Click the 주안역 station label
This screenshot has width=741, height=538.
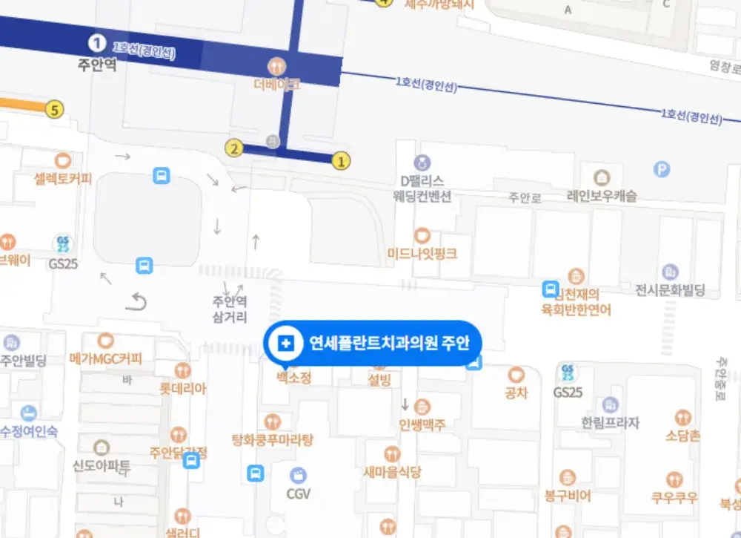(x=97, y=65)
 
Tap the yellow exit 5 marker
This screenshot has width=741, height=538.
(x=53, y=109)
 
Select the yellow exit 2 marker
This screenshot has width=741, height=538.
(x=235, y=148)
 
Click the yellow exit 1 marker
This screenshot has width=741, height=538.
(x=341, y=159)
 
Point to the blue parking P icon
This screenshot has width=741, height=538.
(x=662, y=170)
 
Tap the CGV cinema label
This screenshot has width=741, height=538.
(x=299, y=493)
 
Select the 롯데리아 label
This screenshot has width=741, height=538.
(x=183, y=388)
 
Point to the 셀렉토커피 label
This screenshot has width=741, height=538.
(x=63, y=178)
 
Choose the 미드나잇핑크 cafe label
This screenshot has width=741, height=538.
(x=422, y=254)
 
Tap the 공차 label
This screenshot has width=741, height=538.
(x=516, y=393)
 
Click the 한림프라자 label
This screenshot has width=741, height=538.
(x=610, y=423)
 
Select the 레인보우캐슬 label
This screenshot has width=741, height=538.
(x=602, y=197)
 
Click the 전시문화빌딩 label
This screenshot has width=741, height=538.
(x=670, y=289)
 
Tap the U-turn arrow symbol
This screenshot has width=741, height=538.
(x=137, y=301)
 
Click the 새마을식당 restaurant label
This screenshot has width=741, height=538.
(x=393, y=472)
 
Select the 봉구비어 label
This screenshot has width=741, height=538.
(x=568, y=495)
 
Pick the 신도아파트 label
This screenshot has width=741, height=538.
(x=102, y=466)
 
